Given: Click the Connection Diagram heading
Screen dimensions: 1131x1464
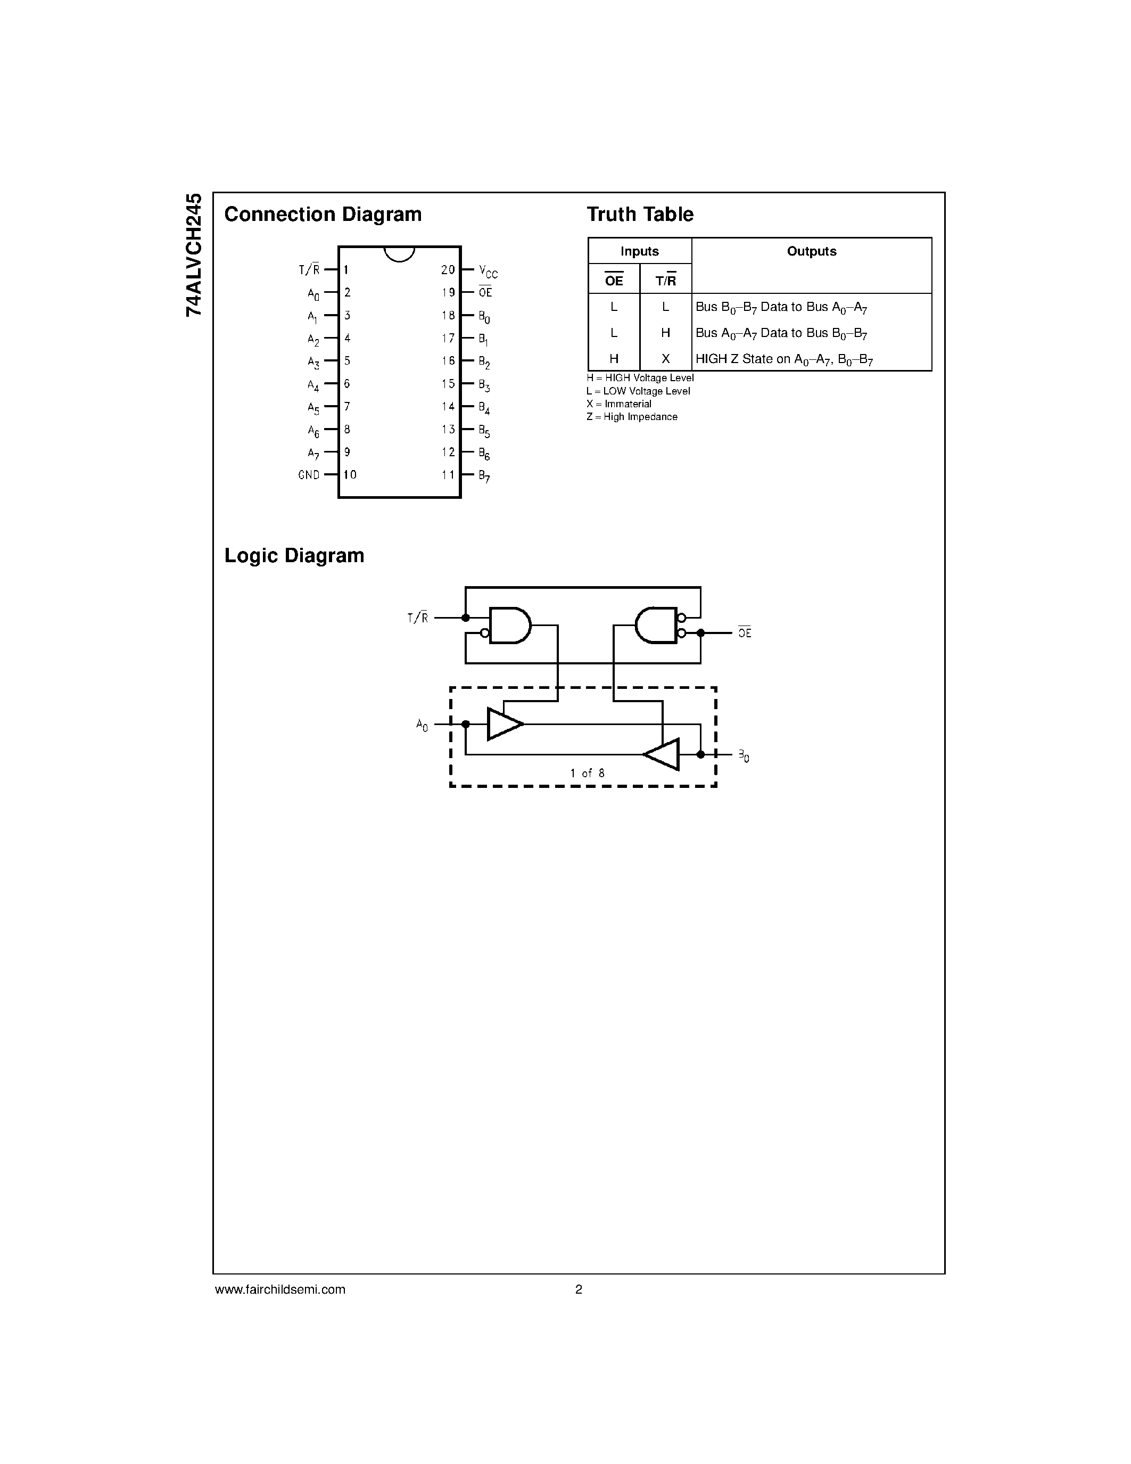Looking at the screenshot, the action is tap(323, 215).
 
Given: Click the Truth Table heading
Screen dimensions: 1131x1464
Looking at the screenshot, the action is tap(639, 215).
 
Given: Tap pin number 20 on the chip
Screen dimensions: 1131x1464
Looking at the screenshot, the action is tap(448, 269).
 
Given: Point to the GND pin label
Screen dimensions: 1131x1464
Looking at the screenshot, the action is tap(309, 474).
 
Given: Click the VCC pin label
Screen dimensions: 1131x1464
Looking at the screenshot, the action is tap(488, 272).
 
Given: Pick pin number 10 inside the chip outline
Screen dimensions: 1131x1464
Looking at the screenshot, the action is tap(350, 474).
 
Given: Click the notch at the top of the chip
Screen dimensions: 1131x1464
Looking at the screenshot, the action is tap(399, 253).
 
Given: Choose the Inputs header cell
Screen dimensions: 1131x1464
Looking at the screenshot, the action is tap(639, 251).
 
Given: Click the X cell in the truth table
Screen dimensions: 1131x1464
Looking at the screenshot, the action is tap(665, 359).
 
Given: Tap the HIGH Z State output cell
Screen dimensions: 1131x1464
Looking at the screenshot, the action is tap(784, 359).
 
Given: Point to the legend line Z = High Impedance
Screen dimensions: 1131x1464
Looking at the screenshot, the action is tap(632, 417).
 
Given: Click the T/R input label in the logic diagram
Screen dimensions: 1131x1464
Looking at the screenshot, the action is tap(417, 618).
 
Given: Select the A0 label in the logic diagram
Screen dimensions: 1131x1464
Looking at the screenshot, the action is tap(422, 725).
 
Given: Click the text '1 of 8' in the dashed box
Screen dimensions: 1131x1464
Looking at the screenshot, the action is tap(587, 774).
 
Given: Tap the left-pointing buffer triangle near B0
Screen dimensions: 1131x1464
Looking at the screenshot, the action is tap(663, 755).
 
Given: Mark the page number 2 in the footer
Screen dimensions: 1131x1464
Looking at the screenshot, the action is tap(578, 1289).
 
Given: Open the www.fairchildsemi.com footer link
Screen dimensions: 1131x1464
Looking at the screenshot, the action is tap(280, 1289).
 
